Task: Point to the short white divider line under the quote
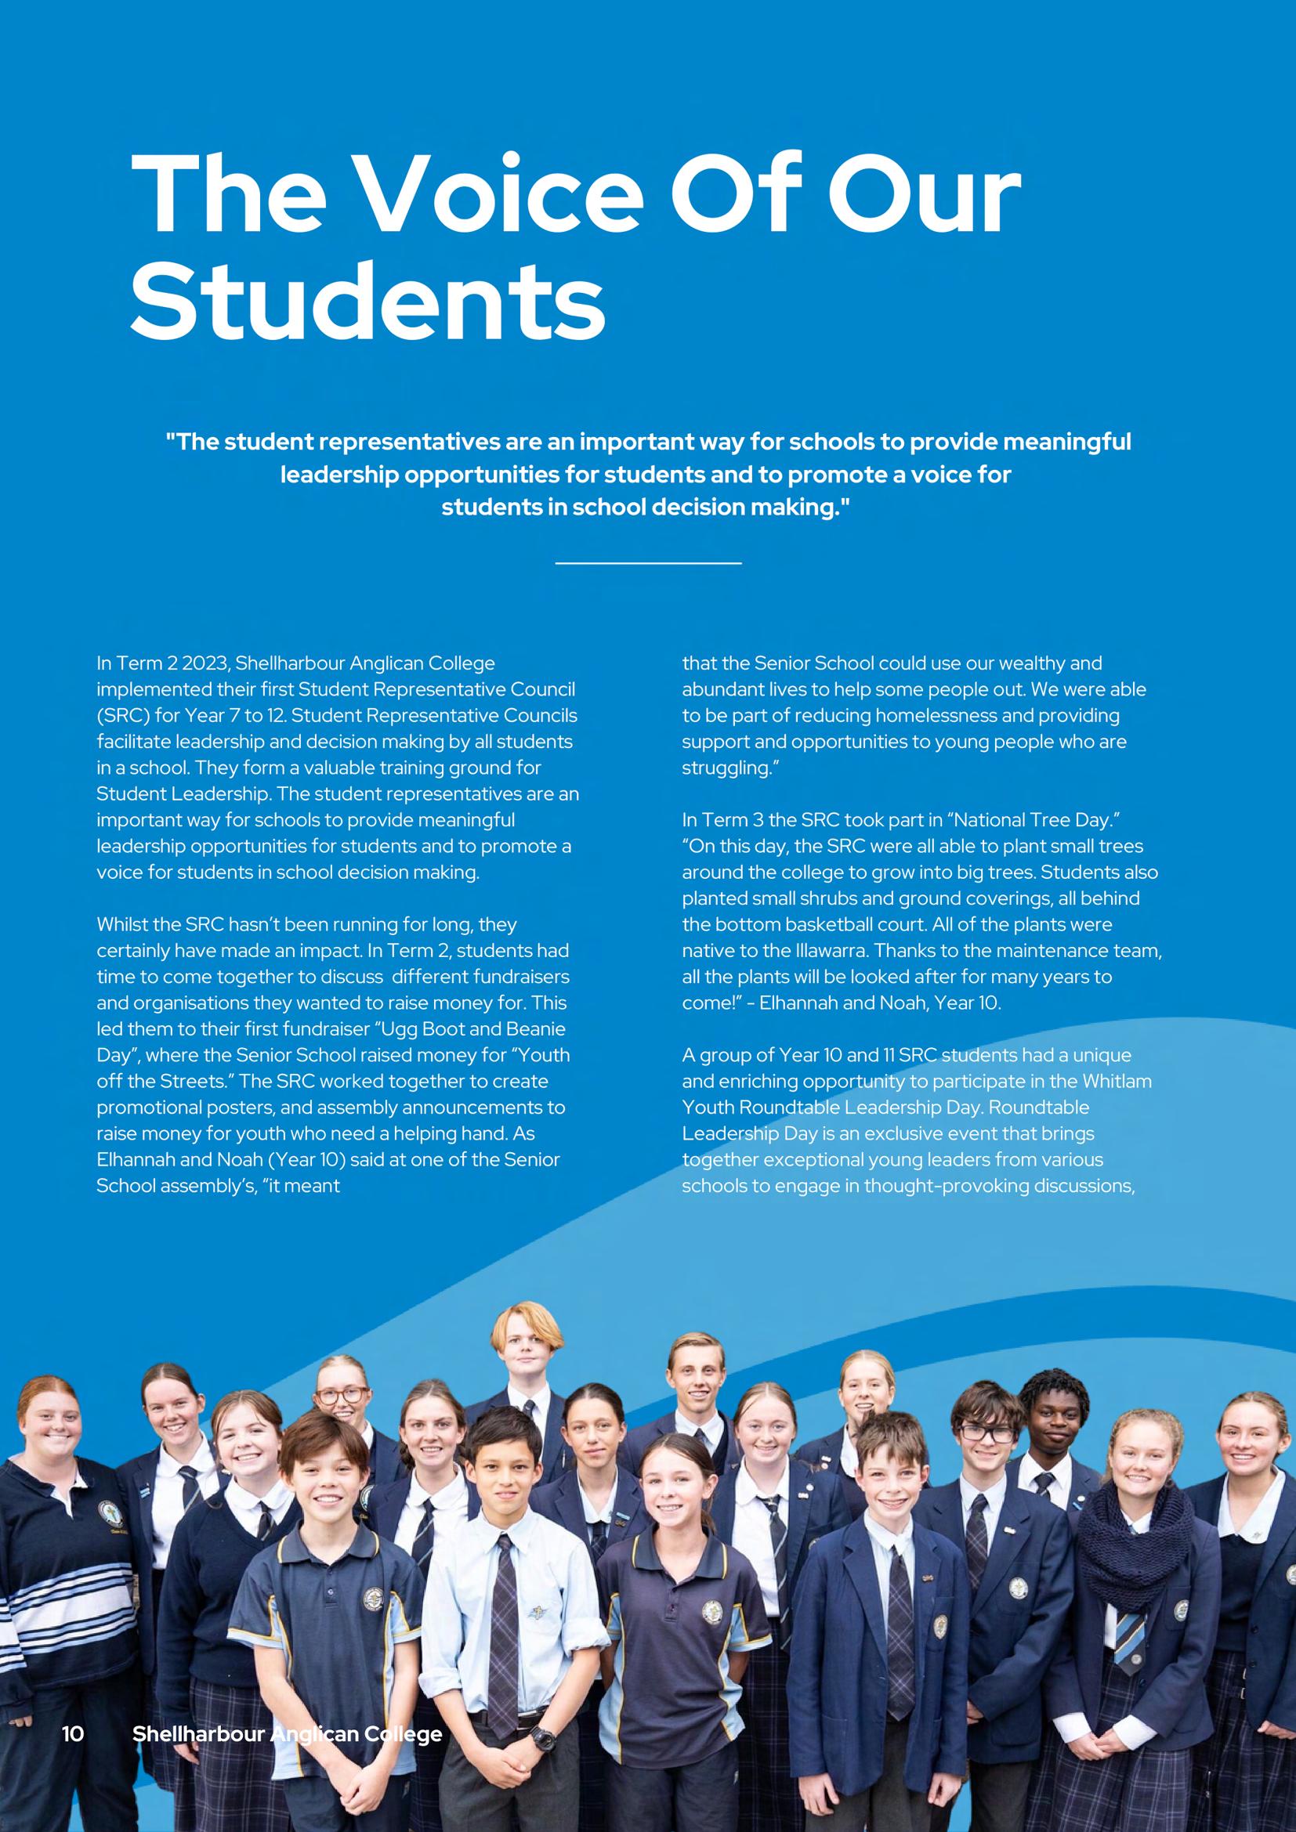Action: tap(647, 563)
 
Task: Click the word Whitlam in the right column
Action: tap(1117, 1081)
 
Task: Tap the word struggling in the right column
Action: tap(729, 768)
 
